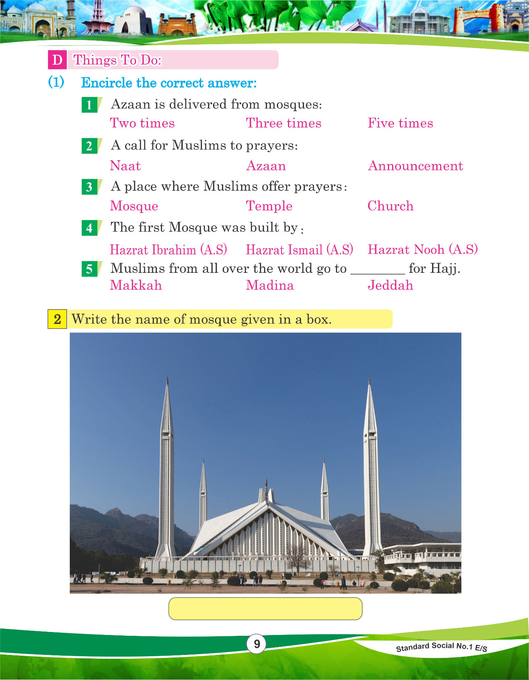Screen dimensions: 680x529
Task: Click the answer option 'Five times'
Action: tap(400, 123)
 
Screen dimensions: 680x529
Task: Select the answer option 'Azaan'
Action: tap(266, 166)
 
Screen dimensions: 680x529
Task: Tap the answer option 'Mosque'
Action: tap(134, 206)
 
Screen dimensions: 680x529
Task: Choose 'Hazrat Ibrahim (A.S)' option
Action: tap(168, 249)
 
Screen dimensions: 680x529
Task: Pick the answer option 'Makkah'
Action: tap(136, 285)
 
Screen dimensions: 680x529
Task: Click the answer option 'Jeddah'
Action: tap(390, 285)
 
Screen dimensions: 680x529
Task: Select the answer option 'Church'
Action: tap(390, 206)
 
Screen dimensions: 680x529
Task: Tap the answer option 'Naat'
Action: tap(125, 166)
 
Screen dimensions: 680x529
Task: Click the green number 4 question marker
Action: tap(89, 228)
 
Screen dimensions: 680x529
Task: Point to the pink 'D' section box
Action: tap(57, 60)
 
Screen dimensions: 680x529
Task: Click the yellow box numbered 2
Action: tap(57, 319)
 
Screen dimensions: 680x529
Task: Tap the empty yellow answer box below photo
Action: tap(265, 609)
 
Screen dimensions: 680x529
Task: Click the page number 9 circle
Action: tap(256, 644)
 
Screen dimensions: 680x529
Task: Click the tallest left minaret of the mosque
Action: tap(167, 467)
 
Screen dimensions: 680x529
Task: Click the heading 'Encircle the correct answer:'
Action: tap(169, 83)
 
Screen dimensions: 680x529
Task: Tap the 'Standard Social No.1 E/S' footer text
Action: tap(441, 647)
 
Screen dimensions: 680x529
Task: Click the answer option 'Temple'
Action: tap(269, 206)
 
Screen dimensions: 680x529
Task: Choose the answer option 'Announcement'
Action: tap(415, 166)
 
